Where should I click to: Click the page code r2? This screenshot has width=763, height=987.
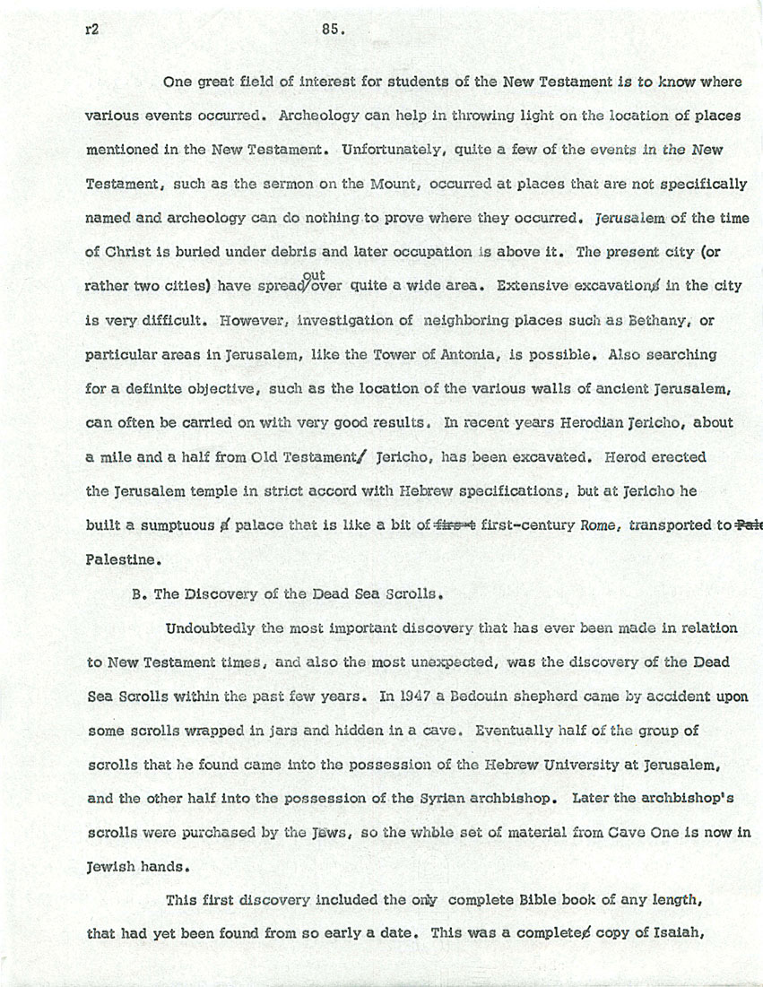pyautogui.click(x=91, y=29)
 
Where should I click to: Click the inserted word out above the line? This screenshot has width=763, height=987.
pyautogui.click(x=314, y=275)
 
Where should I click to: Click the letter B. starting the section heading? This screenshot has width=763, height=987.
pyautogui.click(x=138, y=593)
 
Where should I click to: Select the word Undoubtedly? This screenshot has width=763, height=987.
pyautogui.click(x=212, y=628)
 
